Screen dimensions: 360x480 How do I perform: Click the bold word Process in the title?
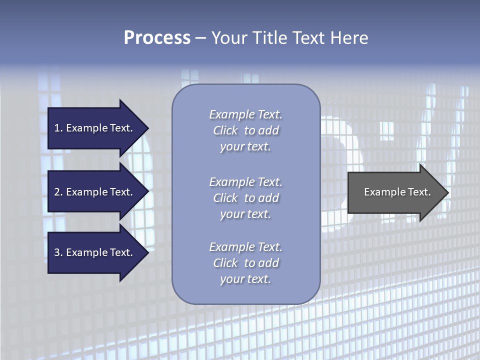[x=157, y=38]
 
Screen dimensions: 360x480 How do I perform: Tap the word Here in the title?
[x=349, y=38]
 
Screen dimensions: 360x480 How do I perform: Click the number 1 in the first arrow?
[x=57, y=128]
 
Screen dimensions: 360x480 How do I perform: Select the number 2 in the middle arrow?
[x=57, y=192]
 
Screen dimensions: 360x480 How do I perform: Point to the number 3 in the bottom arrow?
[x=57, y=252]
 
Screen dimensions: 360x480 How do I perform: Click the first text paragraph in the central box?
[x=245, y=130]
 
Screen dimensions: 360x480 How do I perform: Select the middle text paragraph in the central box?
[x=245, y=198]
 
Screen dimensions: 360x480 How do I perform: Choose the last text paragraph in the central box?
[x=245, y=263]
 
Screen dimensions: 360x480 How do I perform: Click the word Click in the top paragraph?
[x=225, y=130]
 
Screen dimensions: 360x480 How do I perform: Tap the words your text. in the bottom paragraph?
[x=245, y=279]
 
